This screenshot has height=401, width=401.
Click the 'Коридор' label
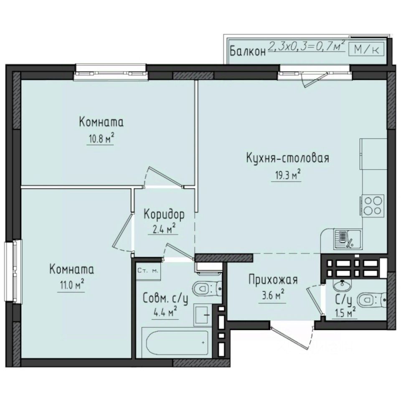[x=164, y=214]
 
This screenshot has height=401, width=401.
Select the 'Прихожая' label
[x=272, y=279]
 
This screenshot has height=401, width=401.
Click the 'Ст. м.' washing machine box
[x=148, y=271]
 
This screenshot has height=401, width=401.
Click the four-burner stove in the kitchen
[x=373, y=205]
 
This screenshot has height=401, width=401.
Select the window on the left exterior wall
[x=16, y=274]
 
